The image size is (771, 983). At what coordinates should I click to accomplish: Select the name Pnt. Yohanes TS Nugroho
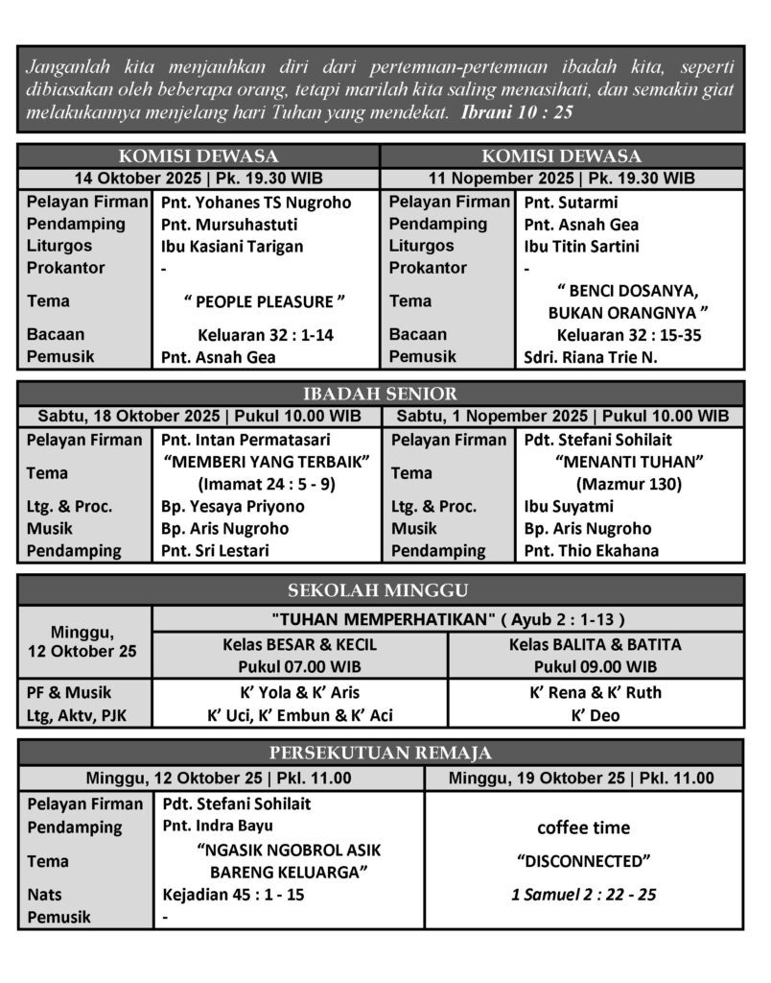tap(256, 203)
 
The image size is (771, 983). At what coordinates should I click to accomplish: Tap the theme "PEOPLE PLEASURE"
tap(265, 301)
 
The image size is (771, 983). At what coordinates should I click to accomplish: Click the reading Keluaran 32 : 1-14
tap(265, 335)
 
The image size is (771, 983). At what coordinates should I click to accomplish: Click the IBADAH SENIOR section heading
tap(380, 394)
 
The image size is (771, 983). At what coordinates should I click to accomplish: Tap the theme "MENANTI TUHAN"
tap(629, 462)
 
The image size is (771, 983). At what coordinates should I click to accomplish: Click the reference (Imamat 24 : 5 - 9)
tap(266, 484)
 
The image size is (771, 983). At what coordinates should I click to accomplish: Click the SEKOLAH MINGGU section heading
tap(380, 589)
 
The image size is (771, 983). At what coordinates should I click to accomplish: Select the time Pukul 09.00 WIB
tap(596, 666)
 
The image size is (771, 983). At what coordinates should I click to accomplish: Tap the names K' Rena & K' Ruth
tap(596, 692)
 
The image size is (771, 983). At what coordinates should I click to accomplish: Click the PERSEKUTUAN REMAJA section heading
tap(380, 753)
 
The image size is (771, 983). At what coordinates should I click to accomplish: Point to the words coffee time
tap(583, 827)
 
